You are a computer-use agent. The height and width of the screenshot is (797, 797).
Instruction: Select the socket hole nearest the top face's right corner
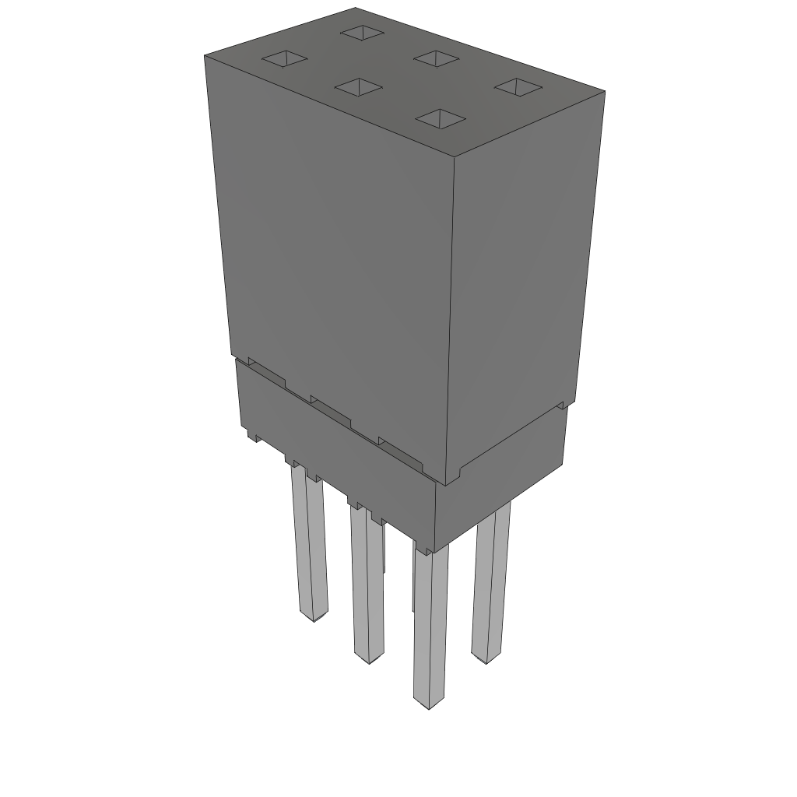517,86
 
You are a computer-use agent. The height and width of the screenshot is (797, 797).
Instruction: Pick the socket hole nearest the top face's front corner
440,118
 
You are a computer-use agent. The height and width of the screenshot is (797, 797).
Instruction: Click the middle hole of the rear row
437,58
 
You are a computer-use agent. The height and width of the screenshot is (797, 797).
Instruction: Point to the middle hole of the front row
358,86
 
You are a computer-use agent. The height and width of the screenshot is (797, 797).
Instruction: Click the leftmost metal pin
309,545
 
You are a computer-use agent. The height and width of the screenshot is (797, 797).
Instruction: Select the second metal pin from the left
367,584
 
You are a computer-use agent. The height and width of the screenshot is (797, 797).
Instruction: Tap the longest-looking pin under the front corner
430,623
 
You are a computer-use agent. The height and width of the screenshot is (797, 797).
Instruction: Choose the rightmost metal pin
491,584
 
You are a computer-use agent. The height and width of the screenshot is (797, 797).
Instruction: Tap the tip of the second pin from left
368,658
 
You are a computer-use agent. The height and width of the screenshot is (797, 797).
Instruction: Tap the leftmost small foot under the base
253,437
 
